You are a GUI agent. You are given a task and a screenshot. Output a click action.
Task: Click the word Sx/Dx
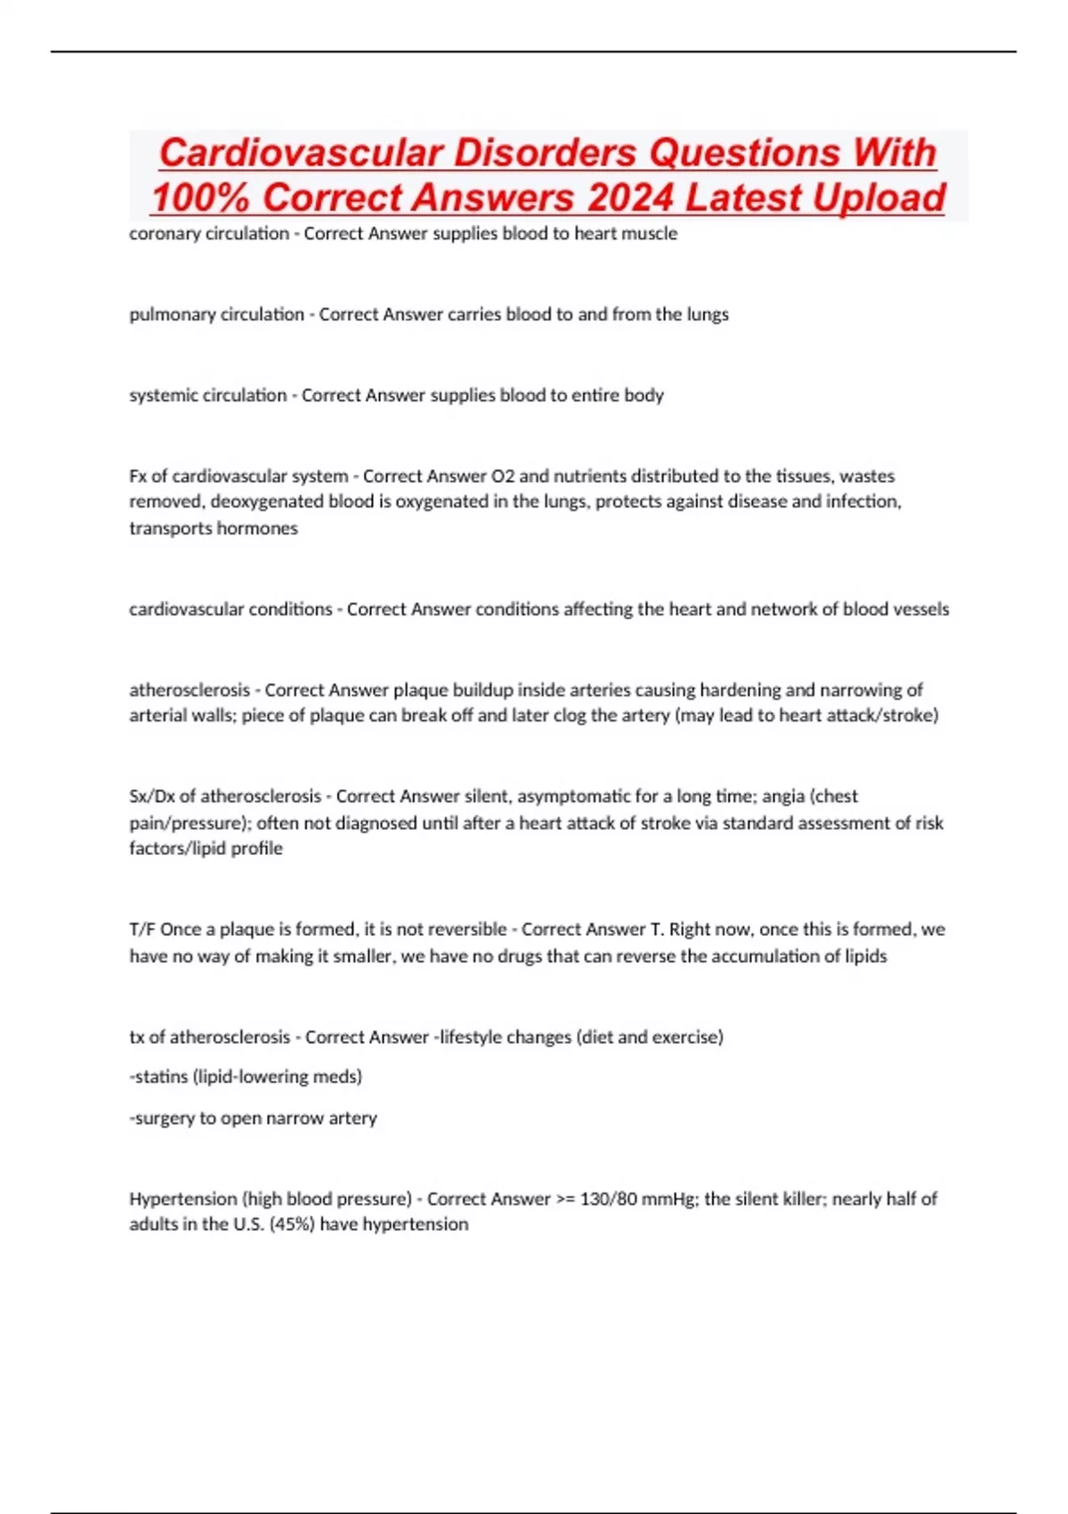[151, 796]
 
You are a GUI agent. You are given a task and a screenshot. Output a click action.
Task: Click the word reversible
[466, 930]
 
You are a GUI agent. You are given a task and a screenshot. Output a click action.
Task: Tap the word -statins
[158, 1077]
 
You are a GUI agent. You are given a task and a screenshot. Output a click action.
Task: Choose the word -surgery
[162, 1118]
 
